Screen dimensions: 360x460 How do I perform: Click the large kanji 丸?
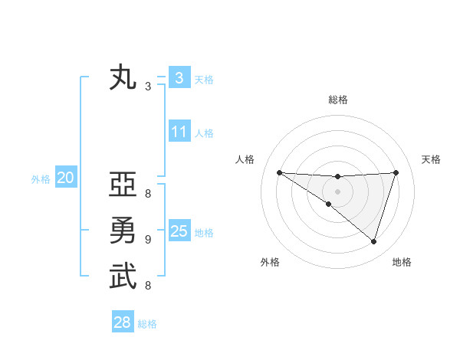click(x=123, y=79)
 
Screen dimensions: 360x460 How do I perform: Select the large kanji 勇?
click(x=123, y=231)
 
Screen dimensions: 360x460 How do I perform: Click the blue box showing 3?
click(x=179, y=78)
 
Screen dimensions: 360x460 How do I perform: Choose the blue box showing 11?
click(x=179, y=132)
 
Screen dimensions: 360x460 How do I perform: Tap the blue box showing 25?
click(x=179, y=231)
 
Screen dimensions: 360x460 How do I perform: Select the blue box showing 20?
click(x=66, y=178)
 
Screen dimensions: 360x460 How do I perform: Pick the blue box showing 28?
click(x=123, y=322)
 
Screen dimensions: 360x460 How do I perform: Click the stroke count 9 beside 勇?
click(x=148, y=240)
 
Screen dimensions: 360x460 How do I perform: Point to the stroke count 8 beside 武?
click(x=148, y=286)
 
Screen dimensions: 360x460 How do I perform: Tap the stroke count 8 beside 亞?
click(x=148, y=194)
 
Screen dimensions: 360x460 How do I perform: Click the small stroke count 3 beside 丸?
click(x=148, y=87)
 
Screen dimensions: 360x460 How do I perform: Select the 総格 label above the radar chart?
click(x=337, y=100)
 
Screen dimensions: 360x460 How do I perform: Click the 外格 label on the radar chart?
click(x=270, y=263)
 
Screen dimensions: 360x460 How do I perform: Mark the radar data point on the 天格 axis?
click(x=396, y=172)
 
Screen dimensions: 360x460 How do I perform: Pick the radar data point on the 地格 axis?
click(x=374, y=242)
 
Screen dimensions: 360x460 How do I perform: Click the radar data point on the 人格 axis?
click(x=279, y=172)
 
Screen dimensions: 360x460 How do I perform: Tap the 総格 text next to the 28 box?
click(x=147, y=324)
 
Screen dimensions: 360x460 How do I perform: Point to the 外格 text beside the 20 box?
click(x=41, y=180)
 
